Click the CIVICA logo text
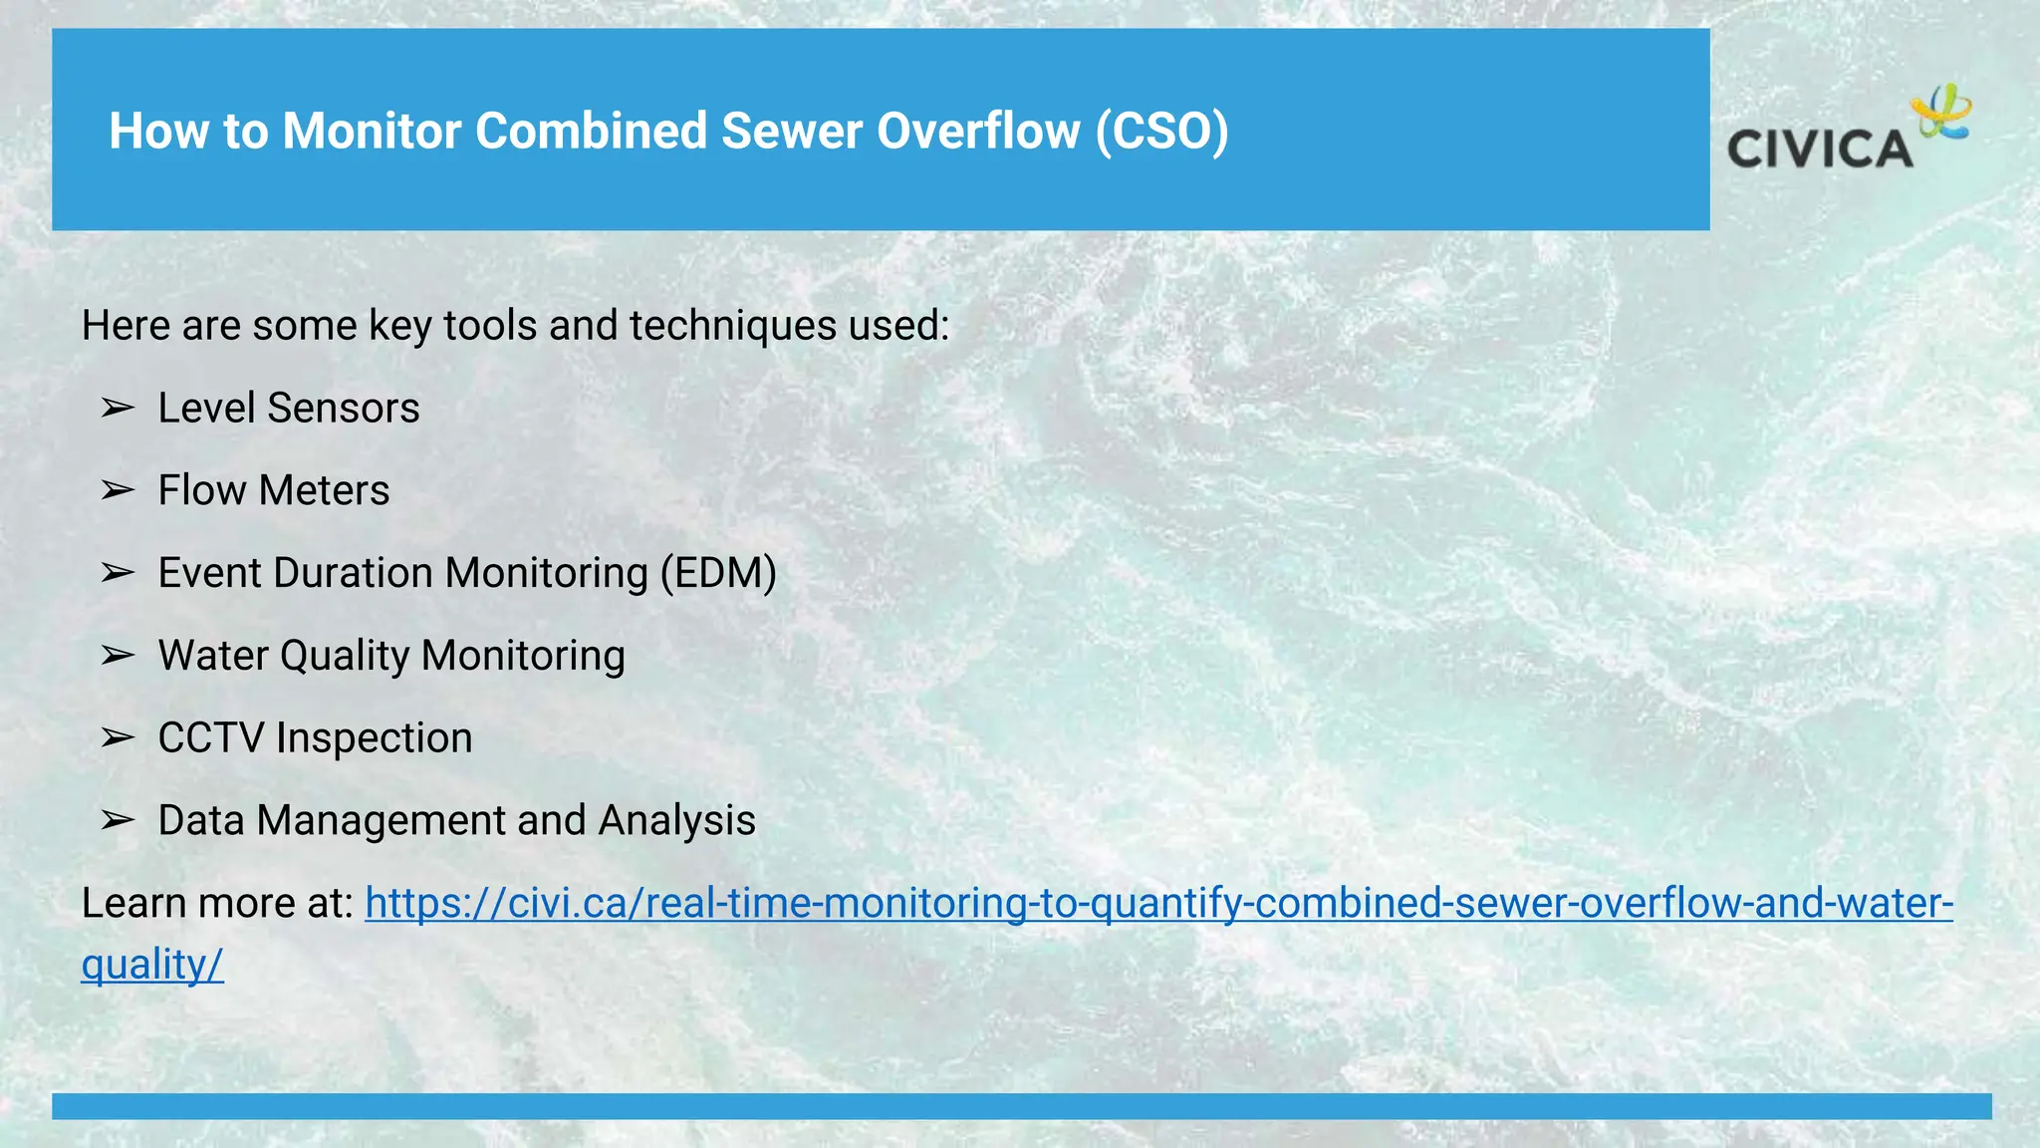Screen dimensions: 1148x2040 [x=1820, y=149]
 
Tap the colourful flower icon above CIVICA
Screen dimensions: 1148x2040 [x=1941, y=112]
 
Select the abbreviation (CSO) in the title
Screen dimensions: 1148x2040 [x=1161, y=131]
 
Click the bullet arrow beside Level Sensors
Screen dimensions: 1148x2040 [x=118, y=408]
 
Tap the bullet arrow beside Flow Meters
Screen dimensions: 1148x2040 [x=118, y=490]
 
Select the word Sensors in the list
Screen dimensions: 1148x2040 [x=344, y=408]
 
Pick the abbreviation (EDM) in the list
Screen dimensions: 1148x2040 [x=718, y=573]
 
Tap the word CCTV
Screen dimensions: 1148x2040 [x=211, y=738]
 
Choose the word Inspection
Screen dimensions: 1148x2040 [x=374, y=738]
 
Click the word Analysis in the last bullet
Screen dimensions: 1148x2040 [x=676, y=820]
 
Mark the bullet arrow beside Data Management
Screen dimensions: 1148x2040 [x=118, y=820]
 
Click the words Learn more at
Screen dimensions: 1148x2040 [x=217, y=903]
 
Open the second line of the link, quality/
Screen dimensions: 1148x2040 [x=152, y=965]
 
